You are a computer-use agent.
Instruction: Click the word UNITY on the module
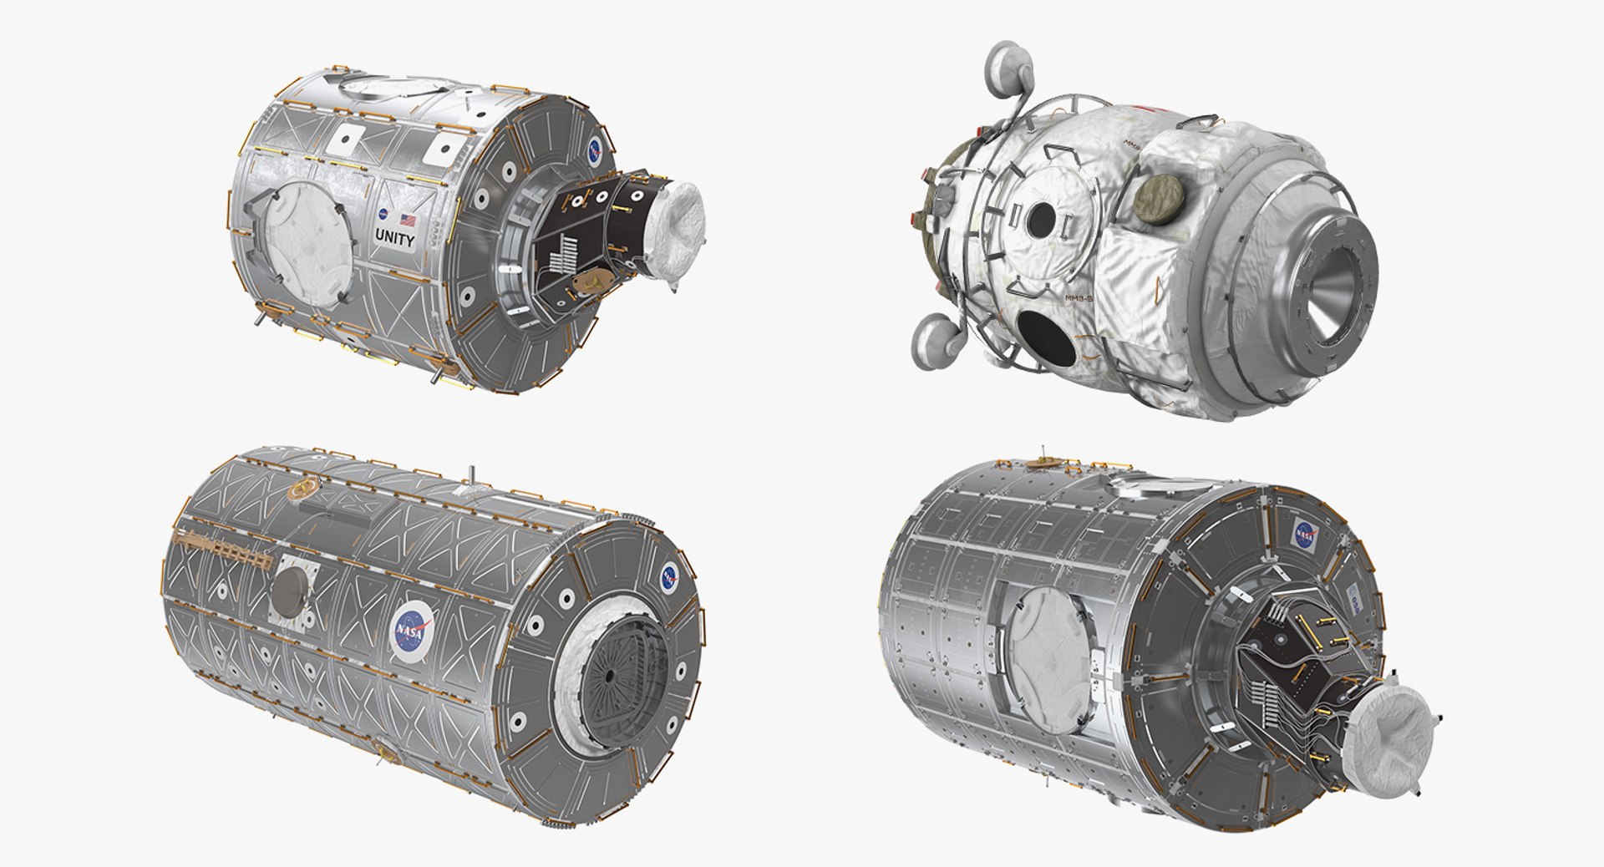[x=394, y=239]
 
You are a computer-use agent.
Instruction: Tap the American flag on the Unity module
[x=408, y=221]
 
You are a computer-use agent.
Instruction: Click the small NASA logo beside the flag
[x=382, y=215]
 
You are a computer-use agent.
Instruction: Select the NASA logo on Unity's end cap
[x=594, y=150]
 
